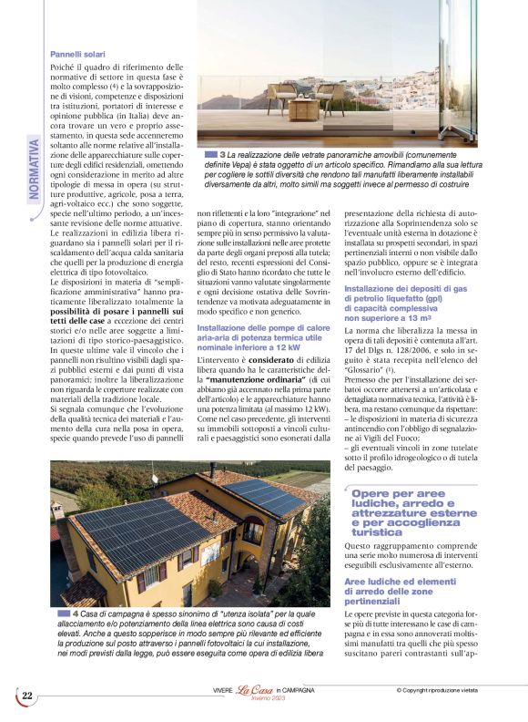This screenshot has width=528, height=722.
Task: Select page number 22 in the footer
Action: point(27,696)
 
